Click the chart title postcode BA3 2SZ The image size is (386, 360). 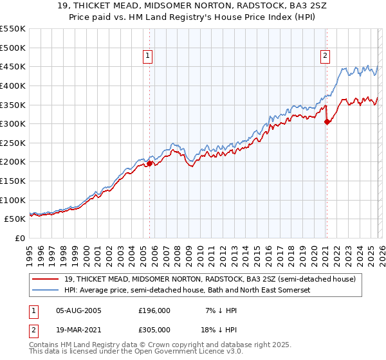coord(278,6)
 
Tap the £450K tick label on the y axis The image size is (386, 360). coord(13,66)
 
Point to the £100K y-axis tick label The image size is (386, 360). coord(13,200)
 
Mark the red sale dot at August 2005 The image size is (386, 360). coord(149,163)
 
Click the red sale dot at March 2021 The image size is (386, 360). coord(327,122)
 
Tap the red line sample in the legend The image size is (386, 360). coord(46,279)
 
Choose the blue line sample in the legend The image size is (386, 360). coord(46,290)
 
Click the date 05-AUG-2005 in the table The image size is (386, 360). coord(78,310)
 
